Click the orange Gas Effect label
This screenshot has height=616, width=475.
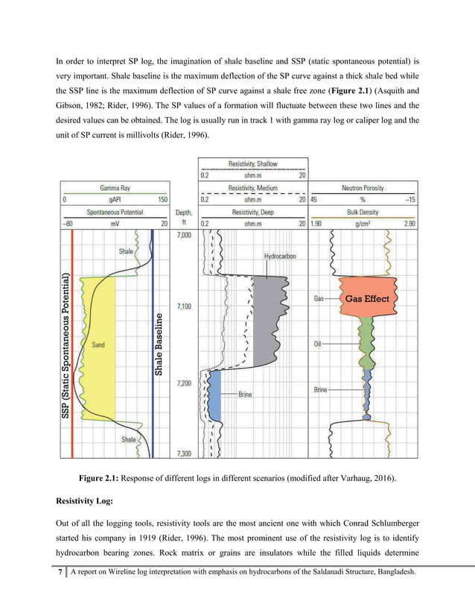(x=366, y=298)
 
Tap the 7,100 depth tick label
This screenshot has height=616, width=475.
(x=183, y=306)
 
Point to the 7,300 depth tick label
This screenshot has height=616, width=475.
(x=183, y=453)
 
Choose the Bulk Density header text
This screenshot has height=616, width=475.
(x=363, y=212)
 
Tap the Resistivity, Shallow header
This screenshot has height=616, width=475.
(x=252, y=164)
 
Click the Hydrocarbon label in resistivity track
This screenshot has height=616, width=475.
(x=280, y=256)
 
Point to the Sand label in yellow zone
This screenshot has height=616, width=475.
(x=98, y=345)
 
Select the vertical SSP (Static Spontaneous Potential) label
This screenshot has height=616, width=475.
(x=66, y=349)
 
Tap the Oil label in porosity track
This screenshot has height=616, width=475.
(x=317, y=344)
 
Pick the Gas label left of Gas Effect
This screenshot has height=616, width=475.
(x=318, y=298)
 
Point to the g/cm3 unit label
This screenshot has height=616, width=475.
(x=363, y=222)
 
